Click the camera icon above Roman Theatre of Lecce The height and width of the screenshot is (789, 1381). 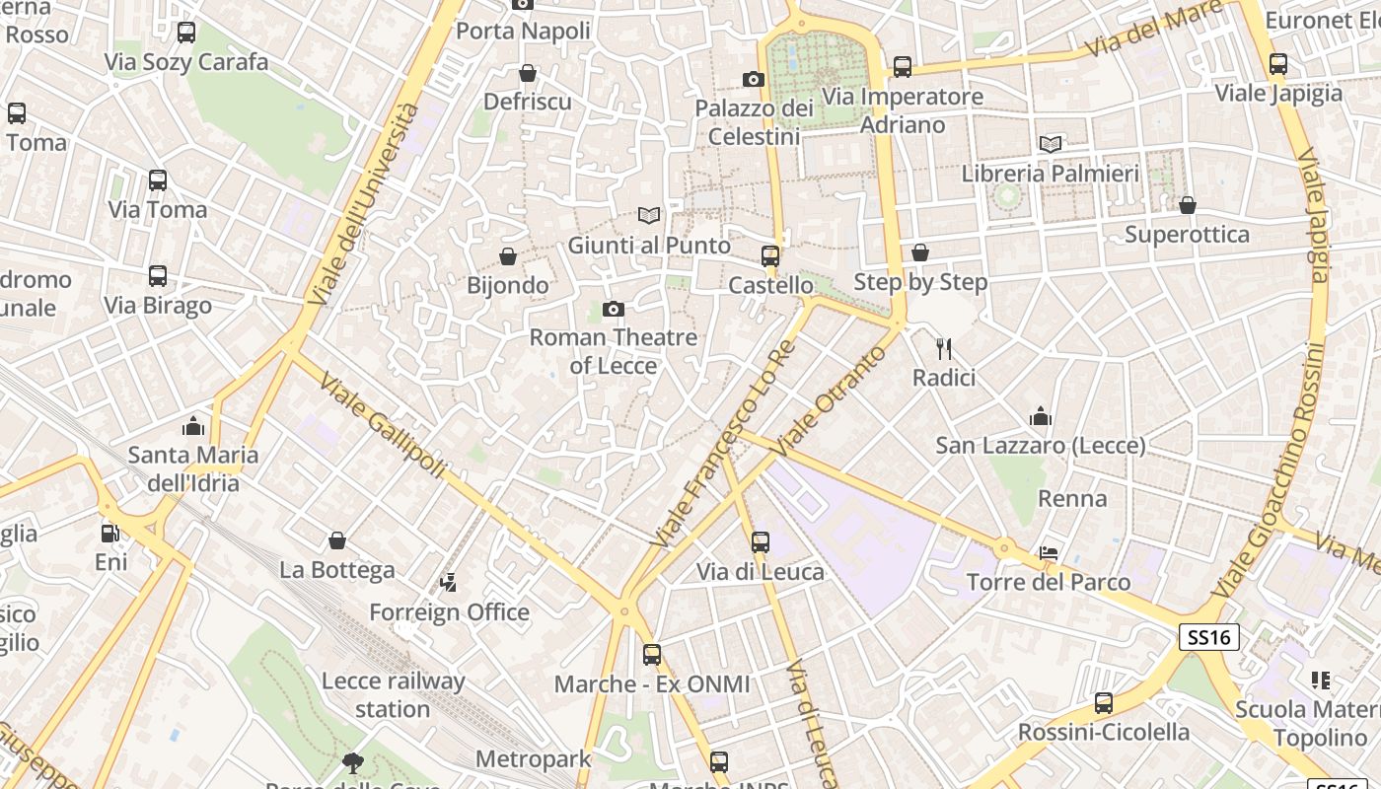[613, 310]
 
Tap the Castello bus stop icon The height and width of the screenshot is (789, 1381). [770, 256]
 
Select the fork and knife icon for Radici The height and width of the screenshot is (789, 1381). [944, 348]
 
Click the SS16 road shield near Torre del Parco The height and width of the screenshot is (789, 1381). [1209, 637]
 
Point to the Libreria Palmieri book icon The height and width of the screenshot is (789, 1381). [1051, 144]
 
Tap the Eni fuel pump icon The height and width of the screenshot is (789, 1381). [110, 534]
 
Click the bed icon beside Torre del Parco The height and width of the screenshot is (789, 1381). [1049, 553]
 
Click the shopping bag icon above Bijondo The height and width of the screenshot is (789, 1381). [508, 256]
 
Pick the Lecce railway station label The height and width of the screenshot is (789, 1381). [393, 694]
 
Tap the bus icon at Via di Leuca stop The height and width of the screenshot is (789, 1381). [760, 541]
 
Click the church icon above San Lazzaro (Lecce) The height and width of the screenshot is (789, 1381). [1040, 416]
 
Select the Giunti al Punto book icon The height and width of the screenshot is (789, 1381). [648, 215]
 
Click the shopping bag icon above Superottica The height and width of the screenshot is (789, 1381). [1187, 205]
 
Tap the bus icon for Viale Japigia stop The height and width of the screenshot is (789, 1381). [1278, 64]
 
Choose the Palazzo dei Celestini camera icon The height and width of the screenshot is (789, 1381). [753, 79]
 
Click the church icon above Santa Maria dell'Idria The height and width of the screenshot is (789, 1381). [193, 426]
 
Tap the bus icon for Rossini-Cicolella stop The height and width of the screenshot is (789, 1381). [1103, 703]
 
